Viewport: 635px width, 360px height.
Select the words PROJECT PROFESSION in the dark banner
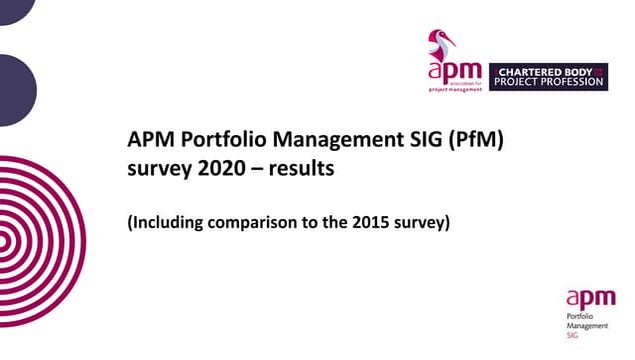click(549, 83)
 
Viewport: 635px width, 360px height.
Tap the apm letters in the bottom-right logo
click(584, 297)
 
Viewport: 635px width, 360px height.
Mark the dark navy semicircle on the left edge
click(14, 90)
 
